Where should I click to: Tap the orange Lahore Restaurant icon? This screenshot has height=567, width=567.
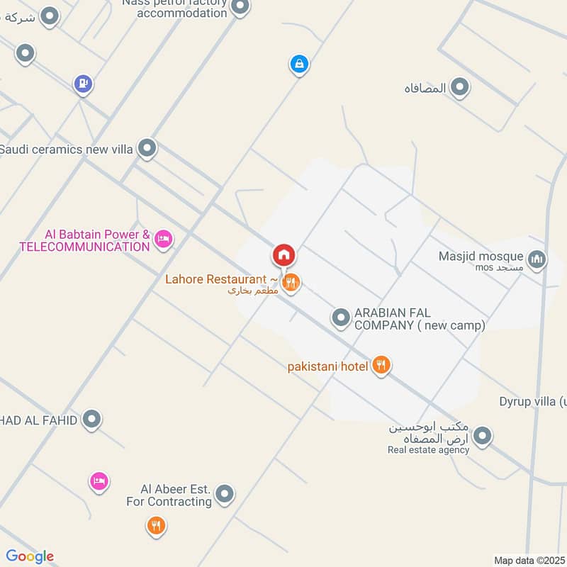point(291,283)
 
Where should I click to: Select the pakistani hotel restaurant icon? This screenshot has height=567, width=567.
point(381,365)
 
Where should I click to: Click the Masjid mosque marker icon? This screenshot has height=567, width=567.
point(538,259)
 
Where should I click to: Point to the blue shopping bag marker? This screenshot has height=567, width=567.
point(299,64)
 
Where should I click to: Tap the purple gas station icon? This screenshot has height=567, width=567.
point(84,84)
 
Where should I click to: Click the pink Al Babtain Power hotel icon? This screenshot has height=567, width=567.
point(164,239)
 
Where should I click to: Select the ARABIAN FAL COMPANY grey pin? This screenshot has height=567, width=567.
point(341,318)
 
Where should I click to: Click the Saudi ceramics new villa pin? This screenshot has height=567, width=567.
point(147,148)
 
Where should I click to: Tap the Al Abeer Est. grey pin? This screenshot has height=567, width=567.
point(225,494)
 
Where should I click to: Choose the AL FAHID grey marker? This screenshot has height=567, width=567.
point(91,420)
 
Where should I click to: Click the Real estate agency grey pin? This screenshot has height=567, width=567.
point(483,436)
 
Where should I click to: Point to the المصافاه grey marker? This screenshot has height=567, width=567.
point(460,88)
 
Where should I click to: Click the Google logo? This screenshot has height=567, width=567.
point(30,556)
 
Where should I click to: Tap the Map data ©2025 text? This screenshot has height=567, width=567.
point(528,560)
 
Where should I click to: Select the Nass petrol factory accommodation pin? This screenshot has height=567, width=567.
point(240,7)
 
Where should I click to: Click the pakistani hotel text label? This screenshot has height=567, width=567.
point(328,366)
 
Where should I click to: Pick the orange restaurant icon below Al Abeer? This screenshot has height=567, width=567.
point(156,526)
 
